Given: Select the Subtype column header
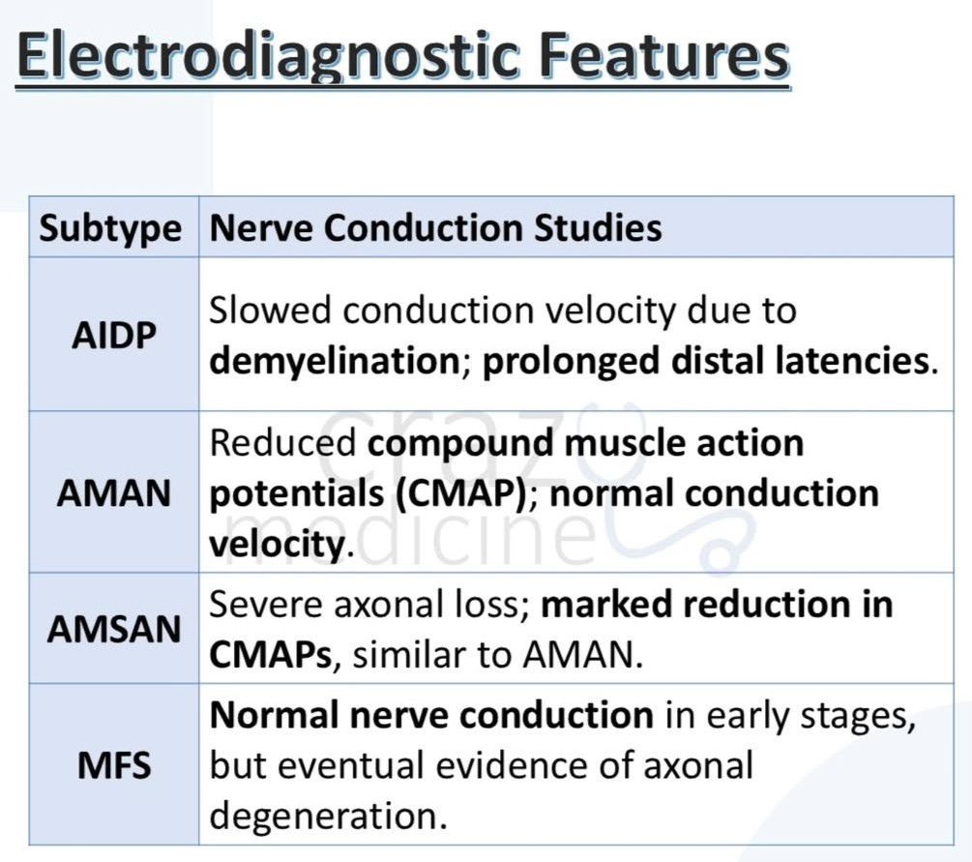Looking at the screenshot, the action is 110,229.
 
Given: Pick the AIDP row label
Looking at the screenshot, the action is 114,336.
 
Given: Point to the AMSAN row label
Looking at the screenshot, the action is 114,629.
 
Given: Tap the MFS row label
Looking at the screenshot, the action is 114,764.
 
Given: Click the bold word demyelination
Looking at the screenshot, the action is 335,362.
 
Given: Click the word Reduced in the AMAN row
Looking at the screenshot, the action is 282,443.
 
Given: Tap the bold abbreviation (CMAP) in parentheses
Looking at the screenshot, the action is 461,494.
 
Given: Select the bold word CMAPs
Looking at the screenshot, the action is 271,655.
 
